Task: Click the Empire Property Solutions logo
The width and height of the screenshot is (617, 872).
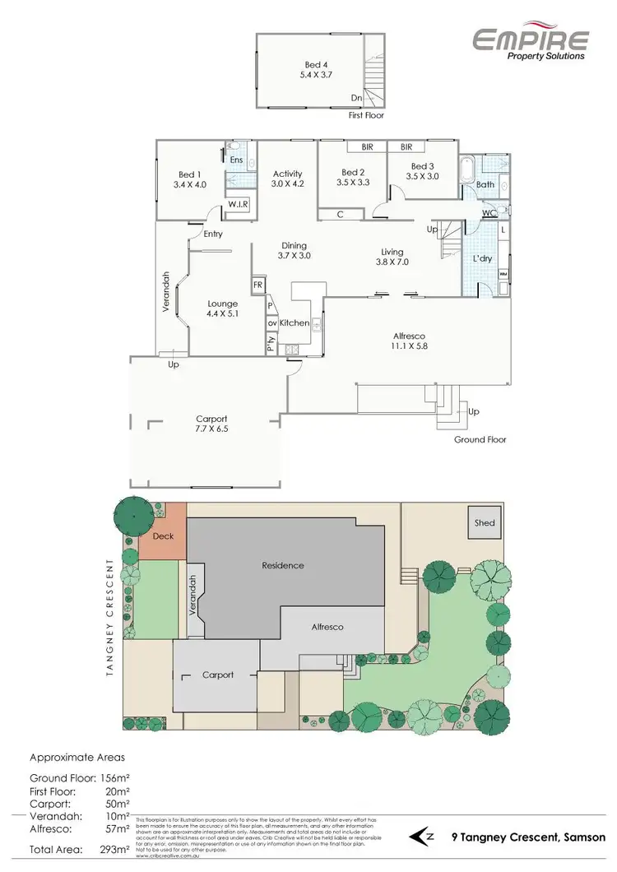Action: pyautogui.click(x=530, y=42)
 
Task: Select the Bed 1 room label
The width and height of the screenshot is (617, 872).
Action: pyautogui.click(x=189, y=179)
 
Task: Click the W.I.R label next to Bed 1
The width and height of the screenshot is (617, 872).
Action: pyautogui.click(x=238, y=203)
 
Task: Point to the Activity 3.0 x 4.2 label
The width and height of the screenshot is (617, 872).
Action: pyautogui.click(x=288, y=179)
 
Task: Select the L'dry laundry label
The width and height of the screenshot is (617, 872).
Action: pyautogui.click(x=481, y=259)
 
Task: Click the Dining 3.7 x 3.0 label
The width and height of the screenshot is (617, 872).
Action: pyautogui.click(x=294, y=251)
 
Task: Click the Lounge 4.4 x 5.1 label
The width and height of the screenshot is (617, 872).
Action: pyautogui.click(x=222, y=308)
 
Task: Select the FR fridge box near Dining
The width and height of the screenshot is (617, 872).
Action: pyautogui.click(x=257, y=285)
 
